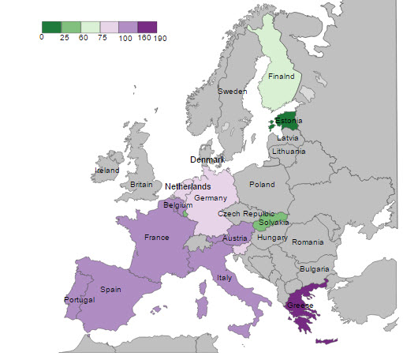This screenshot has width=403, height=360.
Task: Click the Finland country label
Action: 281,77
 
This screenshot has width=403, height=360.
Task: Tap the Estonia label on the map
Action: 289,121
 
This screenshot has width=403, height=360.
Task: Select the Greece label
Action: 300,306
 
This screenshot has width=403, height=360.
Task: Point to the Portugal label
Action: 79,300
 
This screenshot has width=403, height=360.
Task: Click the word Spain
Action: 110,290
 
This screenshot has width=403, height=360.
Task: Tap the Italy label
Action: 223,278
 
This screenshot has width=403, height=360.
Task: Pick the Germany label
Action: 211,197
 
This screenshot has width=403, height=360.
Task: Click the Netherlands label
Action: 188,186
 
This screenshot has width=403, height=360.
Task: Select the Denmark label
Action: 207,159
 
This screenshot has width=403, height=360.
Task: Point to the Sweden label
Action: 232,92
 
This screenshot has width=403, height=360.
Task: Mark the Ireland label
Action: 106,170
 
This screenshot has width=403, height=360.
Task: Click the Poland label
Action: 262,184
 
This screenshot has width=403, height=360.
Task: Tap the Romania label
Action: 307,242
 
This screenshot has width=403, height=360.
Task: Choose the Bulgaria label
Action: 315,269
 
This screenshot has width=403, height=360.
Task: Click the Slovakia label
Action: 274,223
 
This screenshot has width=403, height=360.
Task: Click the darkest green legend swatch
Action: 50,27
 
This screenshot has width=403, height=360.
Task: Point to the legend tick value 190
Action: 160,37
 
